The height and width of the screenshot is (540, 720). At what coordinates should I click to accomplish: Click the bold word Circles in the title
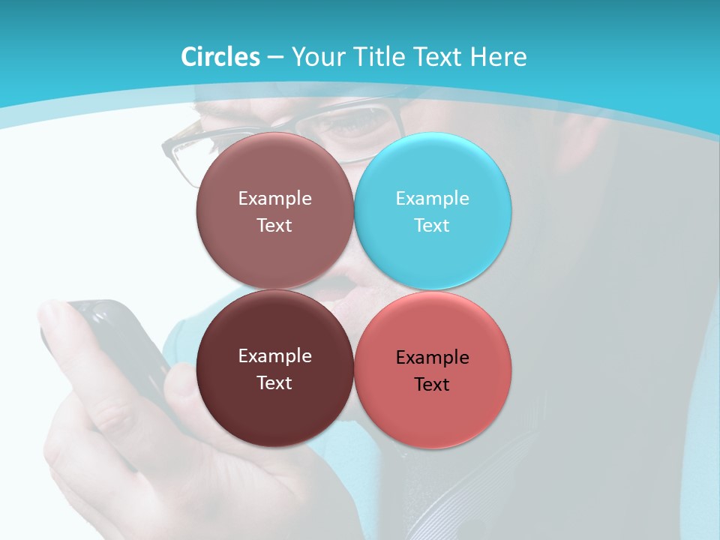point(220,57)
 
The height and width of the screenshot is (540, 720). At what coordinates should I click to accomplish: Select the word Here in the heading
point(498,57)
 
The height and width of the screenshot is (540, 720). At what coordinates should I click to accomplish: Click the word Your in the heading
point(318,57)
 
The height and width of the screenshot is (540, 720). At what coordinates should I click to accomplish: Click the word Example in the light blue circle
point(432,199)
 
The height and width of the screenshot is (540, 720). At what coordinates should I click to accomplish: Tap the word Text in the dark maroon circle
point(274,382)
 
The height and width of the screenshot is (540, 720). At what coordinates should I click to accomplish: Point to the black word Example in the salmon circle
point(432,358)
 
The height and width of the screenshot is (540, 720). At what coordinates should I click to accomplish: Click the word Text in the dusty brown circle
point(274,225)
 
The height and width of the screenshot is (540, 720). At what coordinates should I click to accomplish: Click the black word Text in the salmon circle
point(432,385)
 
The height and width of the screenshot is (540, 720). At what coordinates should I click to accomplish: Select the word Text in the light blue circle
point(432,225)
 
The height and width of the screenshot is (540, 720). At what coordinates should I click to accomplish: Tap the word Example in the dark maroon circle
point(274,356)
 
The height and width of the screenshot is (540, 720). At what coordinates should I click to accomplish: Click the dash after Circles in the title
point(275,58)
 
